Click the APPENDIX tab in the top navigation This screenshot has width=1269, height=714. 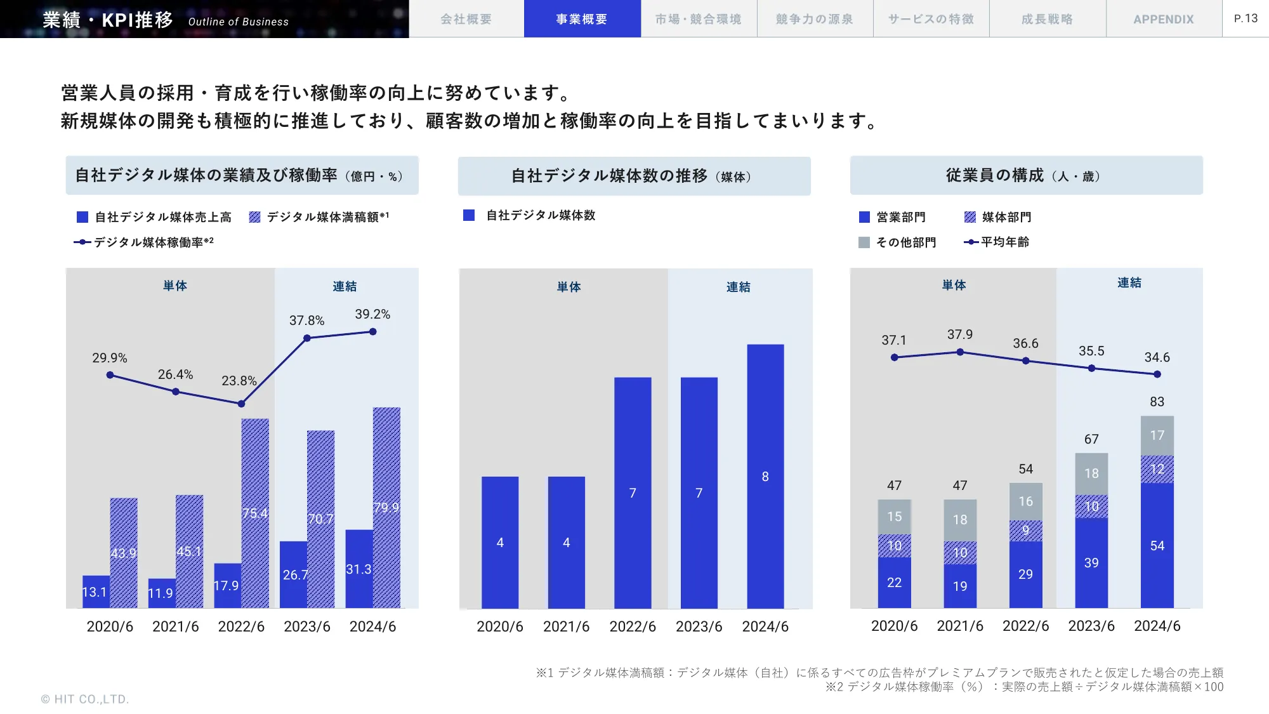pos(1163,19)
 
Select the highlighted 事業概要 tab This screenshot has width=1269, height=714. pos(582,19)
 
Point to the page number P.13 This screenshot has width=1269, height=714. pos(1246,18)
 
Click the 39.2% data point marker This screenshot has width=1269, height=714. pos(372,331)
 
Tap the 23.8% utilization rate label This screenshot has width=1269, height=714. pos(239,381)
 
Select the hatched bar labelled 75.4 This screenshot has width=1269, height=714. pos(255,513)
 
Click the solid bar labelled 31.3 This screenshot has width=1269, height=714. pos(358,569)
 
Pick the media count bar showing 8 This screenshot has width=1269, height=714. pos(765,476)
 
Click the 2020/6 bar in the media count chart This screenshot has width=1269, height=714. pos(500,543)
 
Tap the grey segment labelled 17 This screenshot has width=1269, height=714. pos(1157,435)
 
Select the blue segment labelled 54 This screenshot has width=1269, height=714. pos(1157,545)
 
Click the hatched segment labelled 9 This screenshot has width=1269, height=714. pos(1025,531)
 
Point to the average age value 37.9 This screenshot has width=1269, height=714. pos(959,334)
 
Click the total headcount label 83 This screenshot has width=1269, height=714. pos(1157,402)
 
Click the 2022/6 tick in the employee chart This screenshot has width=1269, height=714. pos(1025,626)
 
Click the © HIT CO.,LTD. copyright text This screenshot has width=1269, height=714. pos(85,699)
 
